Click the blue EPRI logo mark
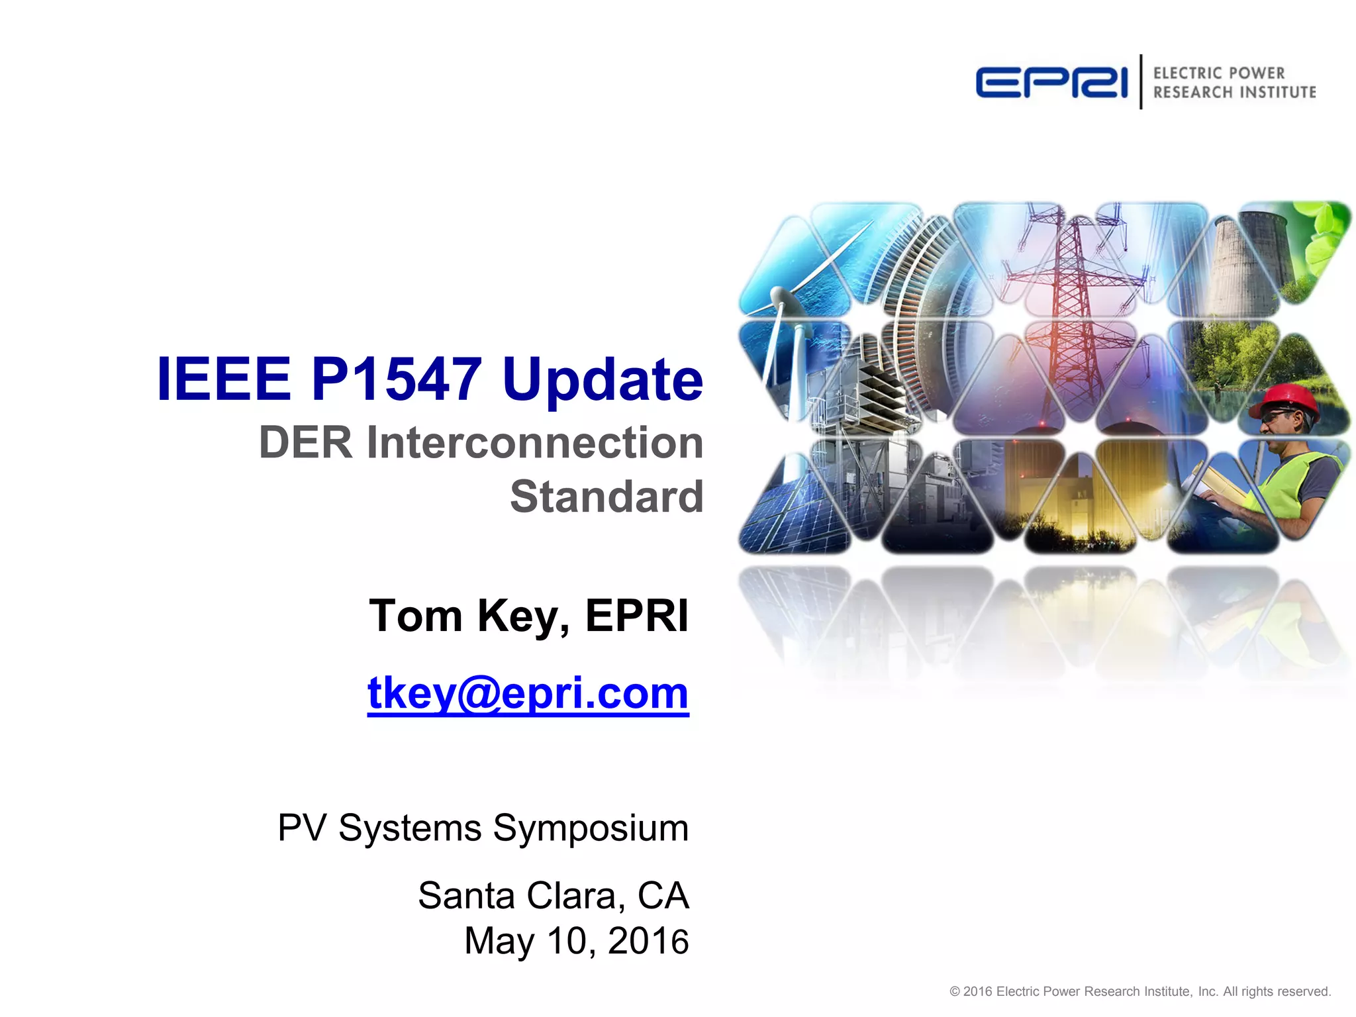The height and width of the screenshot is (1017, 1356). point(1051,83)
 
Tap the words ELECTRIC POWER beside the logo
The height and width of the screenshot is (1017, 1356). point(1218,73)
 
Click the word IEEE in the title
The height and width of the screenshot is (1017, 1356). point(224,379)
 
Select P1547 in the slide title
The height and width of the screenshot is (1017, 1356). point(396,379)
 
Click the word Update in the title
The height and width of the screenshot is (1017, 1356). point(603,379)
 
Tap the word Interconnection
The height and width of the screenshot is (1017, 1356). point(535,442)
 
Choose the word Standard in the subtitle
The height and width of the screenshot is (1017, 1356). point(606,497)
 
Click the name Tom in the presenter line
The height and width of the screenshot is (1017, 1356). point(415,616)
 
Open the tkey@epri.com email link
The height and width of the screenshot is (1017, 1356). point(528,693)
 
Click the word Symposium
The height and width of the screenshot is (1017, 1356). point(591,828)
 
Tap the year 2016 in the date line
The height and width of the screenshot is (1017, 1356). point(648,941)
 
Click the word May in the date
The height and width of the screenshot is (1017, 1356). point(499,941)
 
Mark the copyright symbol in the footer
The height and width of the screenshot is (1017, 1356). point(955,991)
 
